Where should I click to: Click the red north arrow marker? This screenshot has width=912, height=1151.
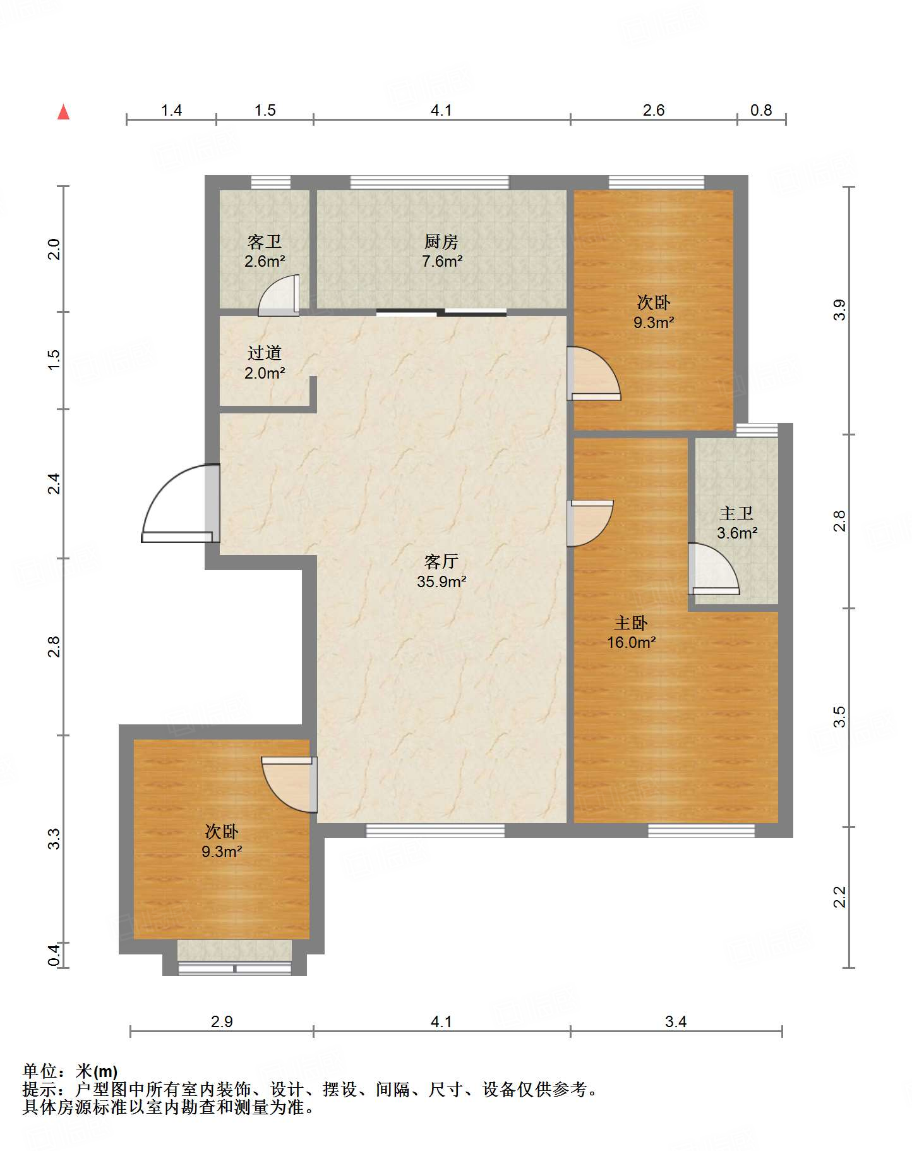63,112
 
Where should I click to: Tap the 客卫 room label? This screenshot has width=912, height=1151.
265,241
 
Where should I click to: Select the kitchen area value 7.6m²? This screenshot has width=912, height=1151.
442,261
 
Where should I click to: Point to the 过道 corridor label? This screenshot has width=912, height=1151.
265,353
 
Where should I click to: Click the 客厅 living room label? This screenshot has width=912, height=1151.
441,561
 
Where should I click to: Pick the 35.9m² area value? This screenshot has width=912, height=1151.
441,582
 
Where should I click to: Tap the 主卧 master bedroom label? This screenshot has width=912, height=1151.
631,623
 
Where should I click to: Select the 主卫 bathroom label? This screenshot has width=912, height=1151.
736,513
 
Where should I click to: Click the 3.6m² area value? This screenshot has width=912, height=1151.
737,533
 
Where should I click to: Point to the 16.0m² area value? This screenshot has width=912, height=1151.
631,643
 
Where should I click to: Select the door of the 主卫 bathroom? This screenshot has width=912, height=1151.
713,569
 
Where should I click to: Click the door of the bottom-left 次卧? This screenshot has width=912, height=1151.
289,784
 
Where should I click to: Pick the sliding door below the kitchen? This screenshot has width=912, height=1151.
441,312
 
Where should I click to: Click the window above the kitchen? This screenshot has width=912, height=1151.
429,183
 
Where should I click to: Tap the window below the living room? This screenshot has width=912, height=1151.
436,831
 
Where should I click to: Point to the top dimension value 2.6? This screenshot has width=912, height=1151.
654,111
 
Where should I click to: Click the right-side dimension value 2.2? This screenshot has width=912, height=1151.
839,897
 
